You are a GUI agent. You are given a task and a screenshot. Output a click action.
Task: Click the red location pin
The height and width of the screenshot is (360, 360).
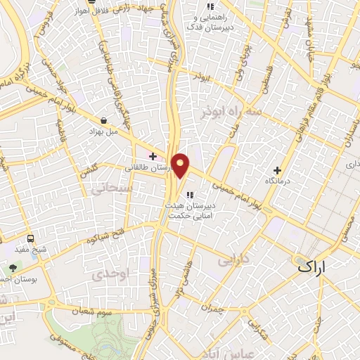[181, 165]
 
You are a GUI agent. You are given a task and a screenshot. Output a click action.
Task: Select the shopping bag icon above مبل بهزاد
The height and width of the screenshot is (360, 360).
[104, 120]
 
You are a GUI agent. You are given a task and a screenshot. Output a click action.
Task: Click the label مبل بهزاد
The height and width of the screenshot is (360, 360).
[105, 131]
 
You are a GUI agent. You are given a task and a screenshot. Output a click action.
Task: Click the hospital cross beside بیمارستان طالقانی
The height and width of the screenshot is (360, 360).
[152, 156]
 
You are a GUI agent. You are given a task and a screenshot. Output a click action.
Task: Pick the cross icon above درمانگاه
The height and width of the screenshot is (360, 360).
[277, 169]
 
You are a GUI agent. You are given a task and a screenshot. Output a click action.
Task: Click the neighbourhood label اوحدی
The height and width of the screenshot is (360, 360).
[112, 274]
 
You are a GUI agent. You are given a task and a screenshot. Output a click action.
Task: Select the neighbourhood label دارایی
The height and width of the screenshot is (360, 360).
[234, 259]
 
